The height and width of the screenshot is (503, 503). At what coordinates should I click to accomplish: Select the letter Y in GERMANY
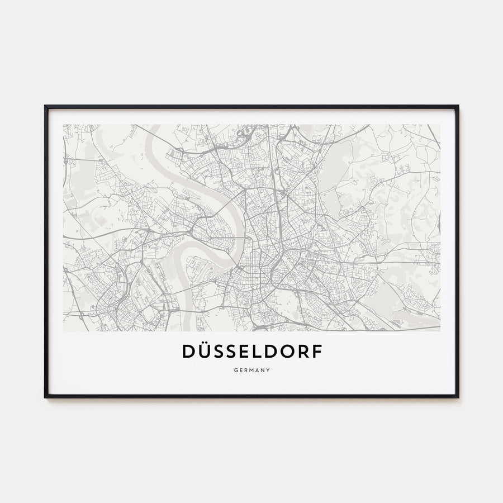coord(269,369)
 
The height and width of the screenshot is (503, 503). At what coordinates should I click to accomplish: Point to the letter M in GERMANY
coord(251,369)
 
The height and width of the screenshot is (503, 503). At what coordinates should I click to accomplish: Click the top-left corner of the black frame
coord(45,106)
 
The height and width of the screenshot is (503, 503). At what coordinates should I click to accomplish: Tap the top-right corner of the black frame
coord(458,106)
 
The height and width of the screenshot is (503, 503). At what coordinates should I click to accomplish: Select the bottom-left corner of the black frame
coord(45,397)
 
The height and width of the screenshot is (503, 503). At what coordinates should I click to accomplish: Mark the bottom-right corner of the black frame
coord(458,397)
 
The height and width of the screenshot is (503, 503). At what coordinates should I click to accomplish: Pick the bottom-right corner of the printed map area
coord(440,331)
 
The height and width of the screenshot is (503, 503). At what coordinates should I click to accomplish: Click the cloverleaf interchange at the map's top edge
coord(244,133)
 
